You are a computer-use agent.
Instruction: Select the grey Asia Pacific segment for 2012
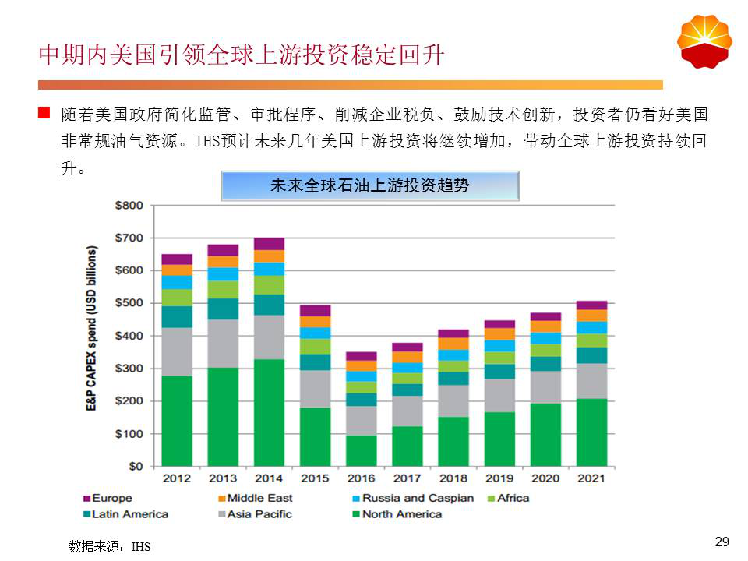click(x=177, y=351)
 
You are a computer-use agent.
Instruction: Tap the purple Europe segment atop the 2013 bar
click(x=223, y=250)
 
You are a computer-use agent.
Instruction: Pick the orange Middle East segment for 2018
click(x=453, y=343)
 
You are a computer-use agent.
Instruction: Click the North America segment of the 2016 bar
click(x=361, y=450)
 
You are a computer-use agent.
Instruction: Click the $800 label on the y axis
click(x=129, y=206)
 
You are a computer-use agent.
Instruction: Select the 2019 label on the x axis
click(x=499, y=478)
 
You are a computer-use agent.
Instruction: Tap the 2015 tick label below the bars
click(x=315, y=478)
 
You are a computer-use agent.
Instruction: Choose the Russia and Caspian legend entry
click(x=417, y=498)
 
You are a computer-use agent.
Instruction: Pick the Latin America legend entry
click(x=129, y=513)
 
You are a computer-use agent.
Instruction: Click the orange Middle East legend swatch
click(x=221, y=498)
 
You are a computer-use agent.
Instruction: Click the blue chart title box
click(x=370, y=186)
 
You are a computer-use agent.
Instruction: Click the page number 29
click(x=722, y=542)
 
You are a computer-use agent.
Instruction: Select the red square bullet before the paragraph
click(x=44, y=115)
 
